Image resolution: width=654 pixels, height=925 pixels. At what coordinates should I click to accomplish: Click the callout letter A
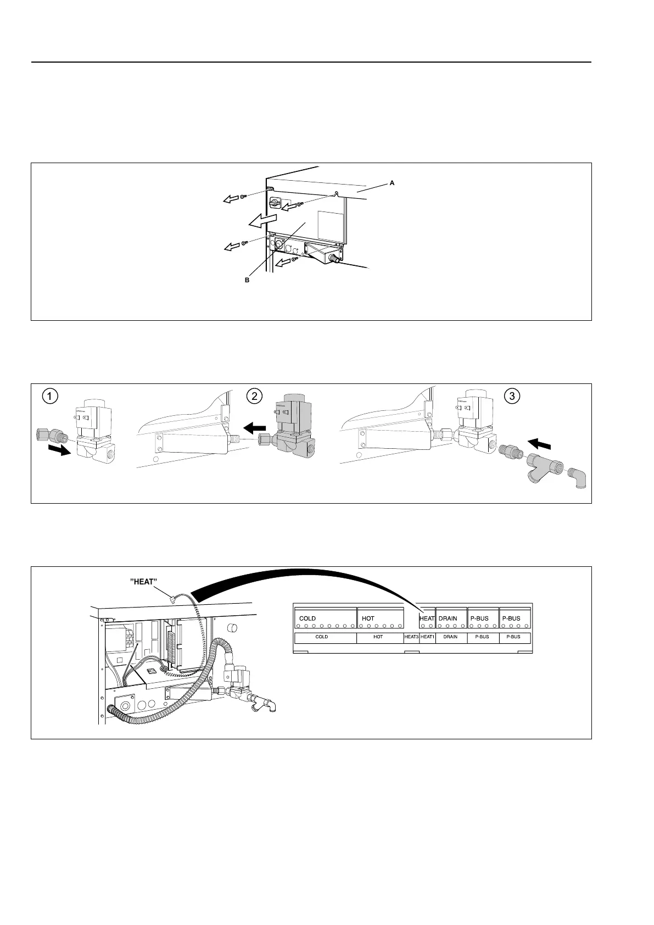tap(392, 183)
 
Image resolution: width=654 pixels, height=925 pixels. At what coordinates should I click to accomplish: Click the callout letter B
tap(247, 280)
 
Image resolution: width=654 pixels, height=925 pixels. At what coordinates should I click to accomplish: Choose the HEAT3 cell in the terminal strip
tap(411, 637)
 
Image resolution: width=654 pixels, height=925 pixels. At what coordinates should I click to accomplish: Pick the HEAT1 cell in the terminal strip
tap(427, 637)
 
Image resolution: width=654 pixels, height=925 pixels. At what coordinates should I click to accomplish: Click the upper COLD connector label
tap(308, 618)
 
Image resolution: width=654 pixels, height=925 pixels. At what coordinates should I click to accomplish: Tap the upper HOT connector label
tap(368, 618)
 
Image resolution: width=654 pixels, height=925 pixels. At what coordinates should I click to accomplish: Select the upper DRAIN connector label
tap(448, 618)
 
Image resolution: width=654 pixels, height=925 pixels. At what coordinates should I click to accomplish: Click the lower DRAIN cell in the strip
tap(450, 637)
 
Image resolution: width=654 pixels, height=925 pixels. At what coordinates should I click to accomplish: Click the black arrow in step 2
tap(254, 426)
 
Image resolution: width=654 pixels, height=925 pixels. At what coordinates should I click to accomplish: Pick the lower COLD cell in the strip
tap(322, 637)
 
